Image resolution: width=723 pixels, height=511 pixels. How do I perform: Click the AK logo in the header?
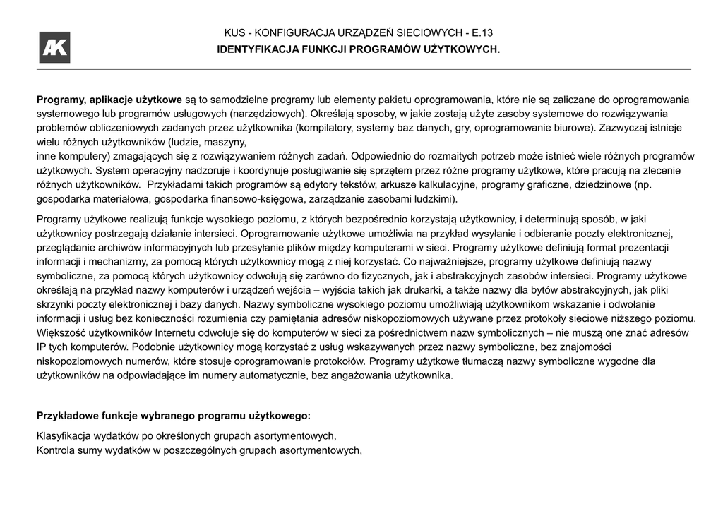coord(54,47)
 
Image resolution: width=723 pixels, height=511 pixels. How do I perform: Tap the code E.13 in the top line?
coord(484,33)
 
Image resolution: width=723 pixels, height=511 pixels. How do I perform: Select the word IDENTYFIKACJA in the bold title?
coord(252,49)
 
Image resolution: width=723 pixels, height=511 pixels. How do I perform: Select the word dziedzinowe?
coord(599,184)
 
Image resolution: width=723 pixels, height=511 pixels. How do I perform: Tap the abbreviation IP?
coord(42,347)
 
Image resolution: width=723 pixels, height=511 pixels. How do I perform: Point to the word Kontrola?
coord(56,450)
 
